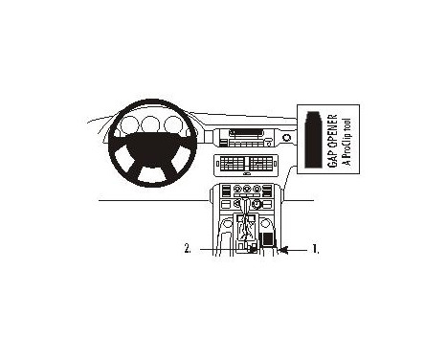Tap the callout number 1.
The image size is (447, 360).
pos(316,250)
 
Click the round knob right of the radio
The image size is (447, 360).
pos(286,140)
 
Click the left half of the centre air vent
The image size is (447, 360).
pos(235,164)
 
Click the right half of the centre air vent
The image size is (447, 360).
pos(260,164)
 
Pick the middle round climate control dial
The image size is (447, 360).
pos(247,203)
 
